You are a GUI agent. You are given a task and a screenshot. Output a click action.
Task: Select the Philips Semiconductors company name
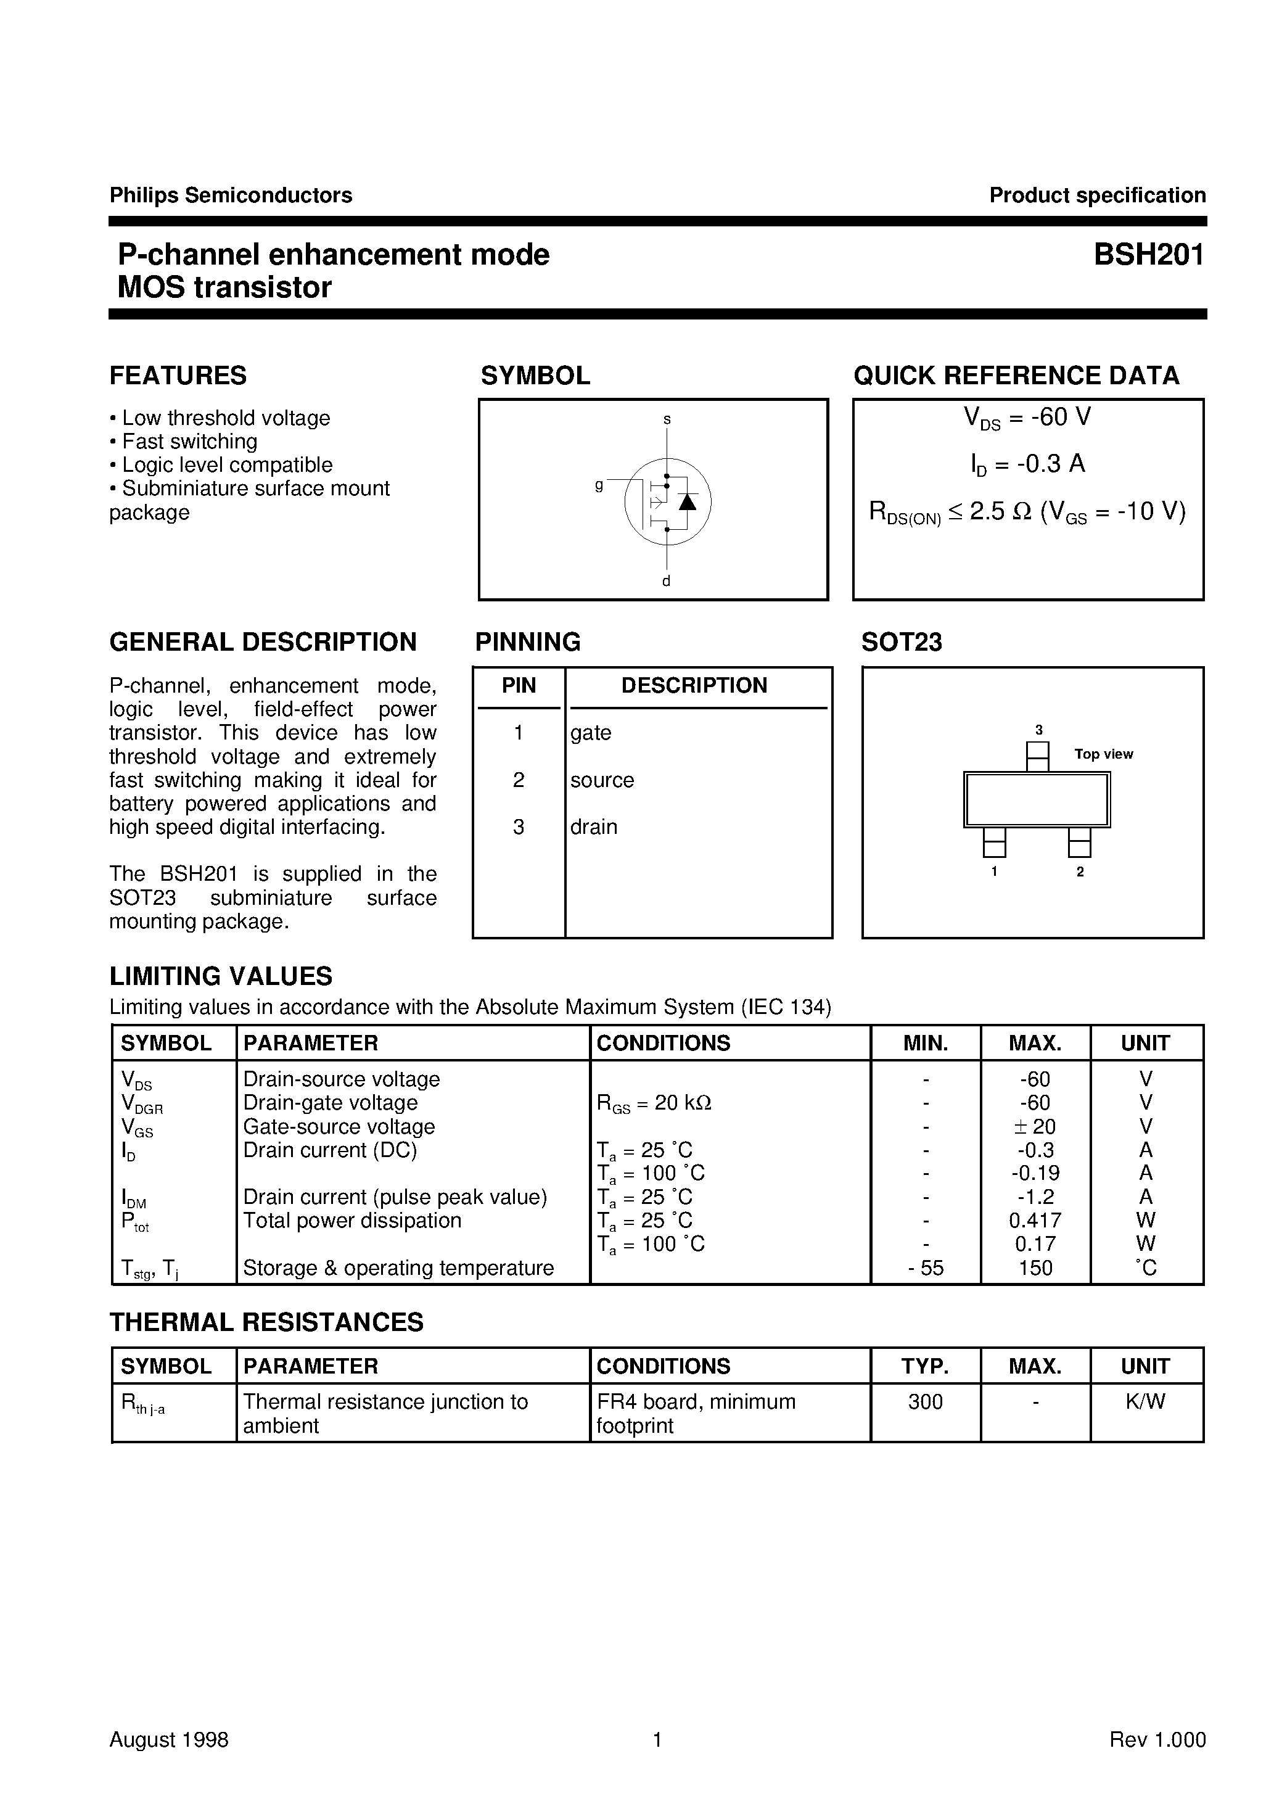point(231,196)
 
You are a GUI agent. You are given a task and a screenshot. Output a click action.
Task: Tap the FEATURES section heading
point(178,376)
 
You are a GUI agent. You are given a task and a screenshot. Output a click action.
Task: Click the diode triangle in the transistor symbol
point(687,502)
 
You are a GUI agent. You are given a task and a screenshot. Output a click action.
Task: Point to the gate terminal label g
point(599,485)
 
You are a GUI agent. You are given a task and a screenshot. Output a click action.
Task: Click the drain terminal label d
point(666,581)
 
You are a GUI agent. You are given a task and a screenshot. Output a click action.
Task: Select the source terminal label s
point(667,419)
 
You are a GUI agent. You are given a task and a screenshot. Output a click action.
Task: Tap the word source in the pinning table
point(602,780)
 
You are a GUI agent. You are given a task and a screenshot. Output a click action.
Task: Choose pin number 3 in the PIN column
point(519,826)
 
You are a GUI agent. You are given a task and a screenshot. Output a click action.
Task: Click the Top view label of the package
point(1103,754)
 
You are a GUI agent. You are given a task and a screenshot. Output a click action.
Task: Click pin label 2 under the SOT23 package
point(1080,872)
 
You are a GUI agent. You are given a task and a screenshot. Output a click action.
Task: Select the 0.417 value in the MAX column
point(1035,1221)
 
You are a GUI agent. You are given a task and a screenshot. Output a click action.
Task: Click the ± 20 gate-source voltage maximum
point(1035,1126)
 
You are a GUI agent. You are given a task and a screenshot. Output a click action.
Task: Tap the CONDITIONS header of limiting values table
point(663,1042)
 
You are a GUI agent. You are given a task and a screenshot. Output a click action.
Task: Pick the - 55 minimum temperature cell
point(926,1267)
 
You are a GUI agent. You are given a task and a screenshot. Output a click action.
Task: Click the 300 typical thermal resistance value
point(926,1402)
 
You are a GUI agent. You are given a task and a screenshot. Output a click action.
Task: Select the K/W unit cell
point(1145,1402)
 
